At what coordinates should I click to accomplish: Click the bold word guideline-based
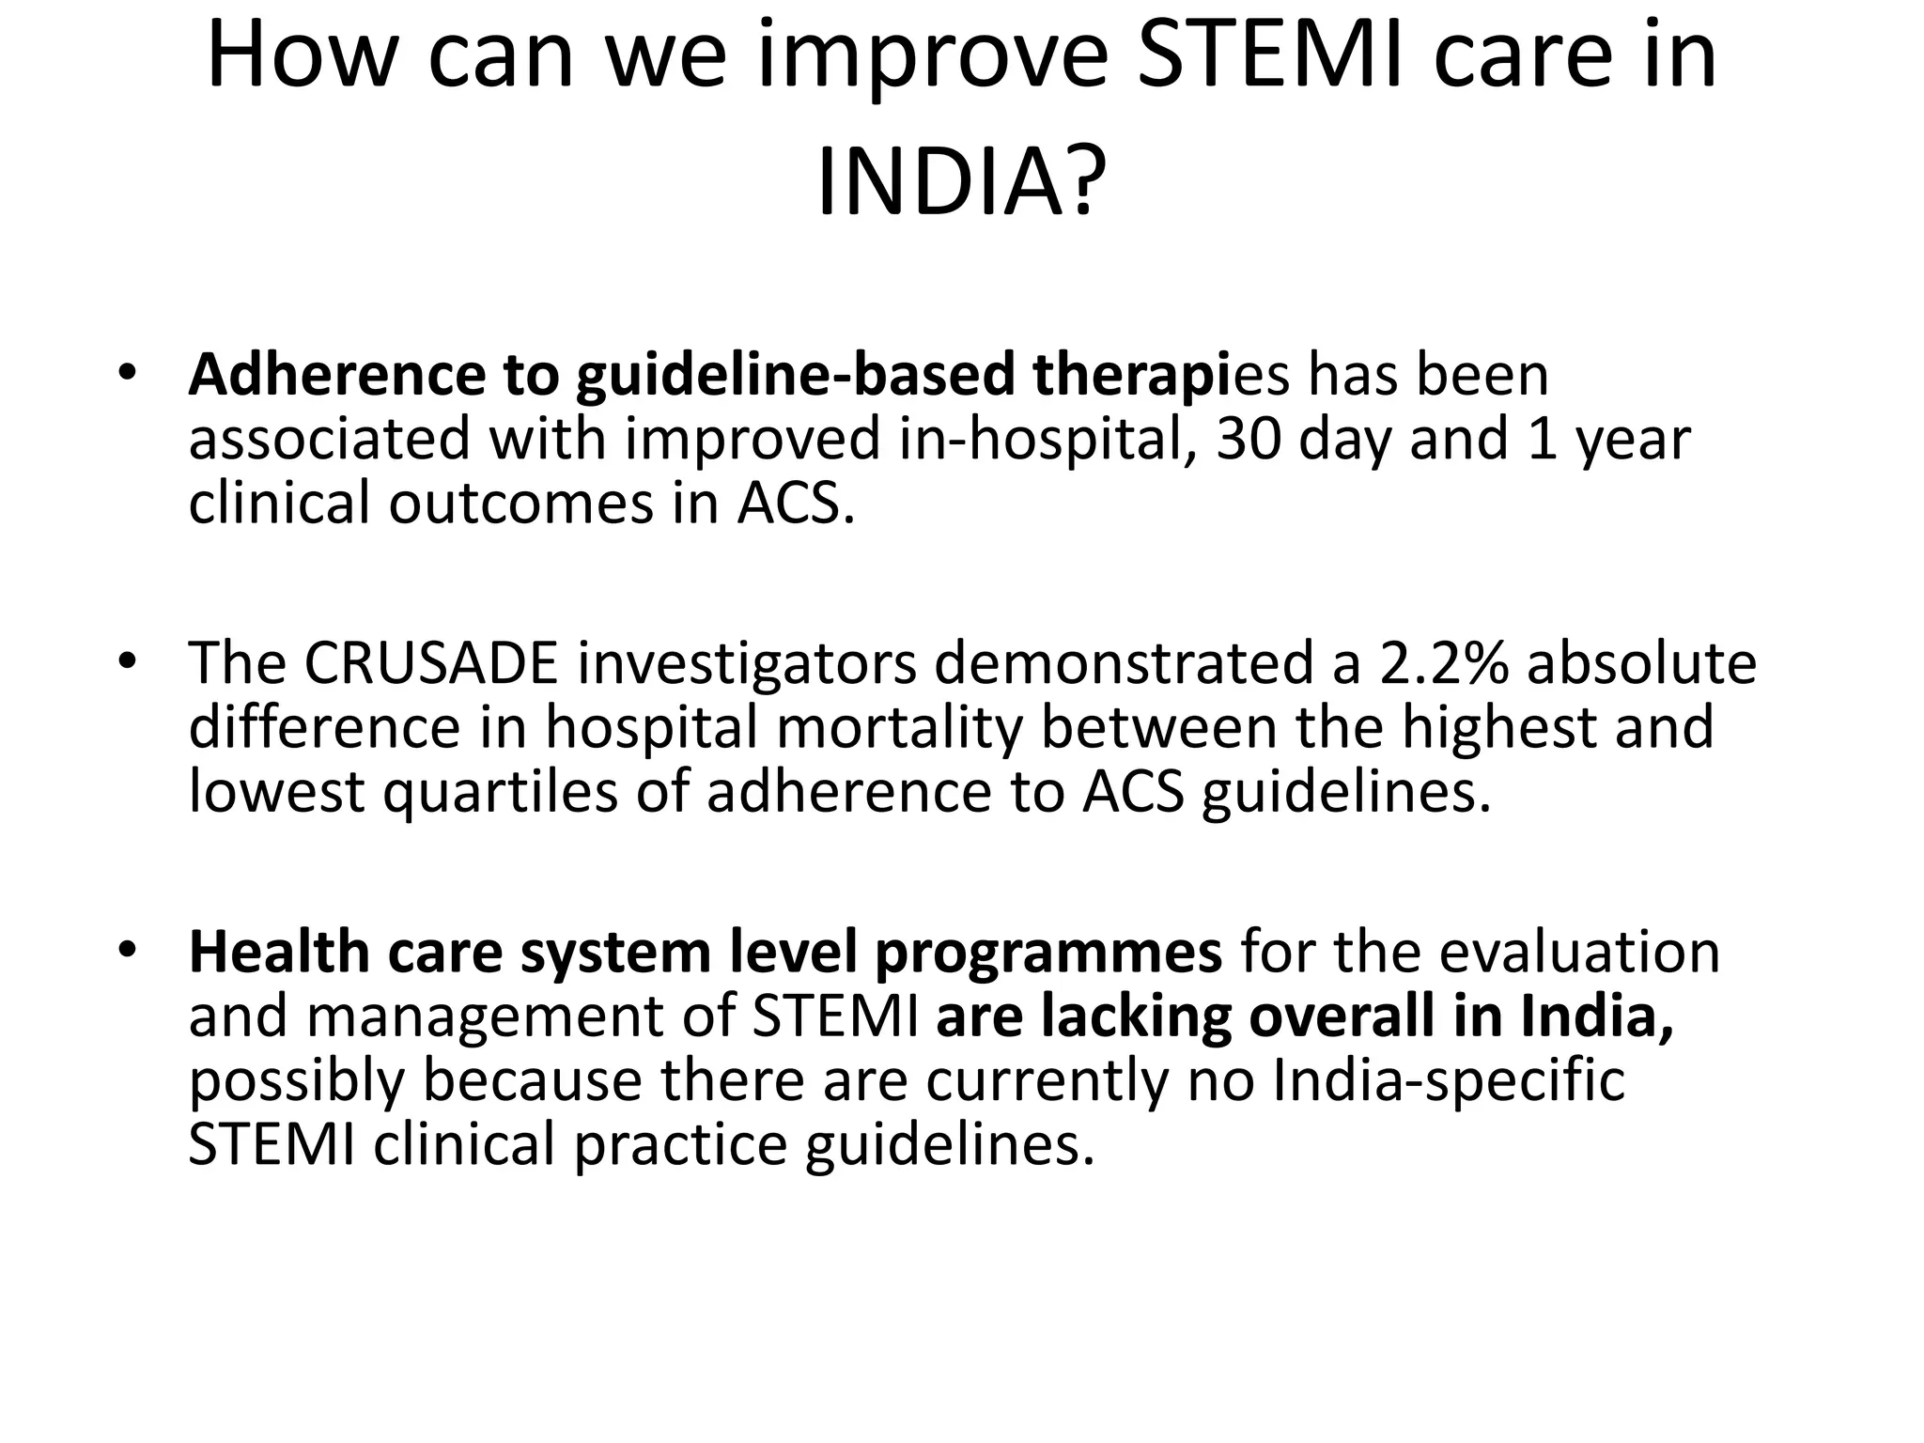tap(796, 375)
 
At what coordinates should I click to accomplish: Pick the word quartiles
tap(500, 792)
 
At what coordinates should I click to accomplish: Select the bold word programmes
tap(1048, 953)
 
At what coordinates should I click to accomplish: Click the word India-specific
tap(1449, 1081)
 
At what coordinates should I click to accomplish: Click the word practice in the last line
tap(680, 1146)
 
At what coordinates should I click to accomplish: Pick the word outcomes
tap(520, 504)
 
